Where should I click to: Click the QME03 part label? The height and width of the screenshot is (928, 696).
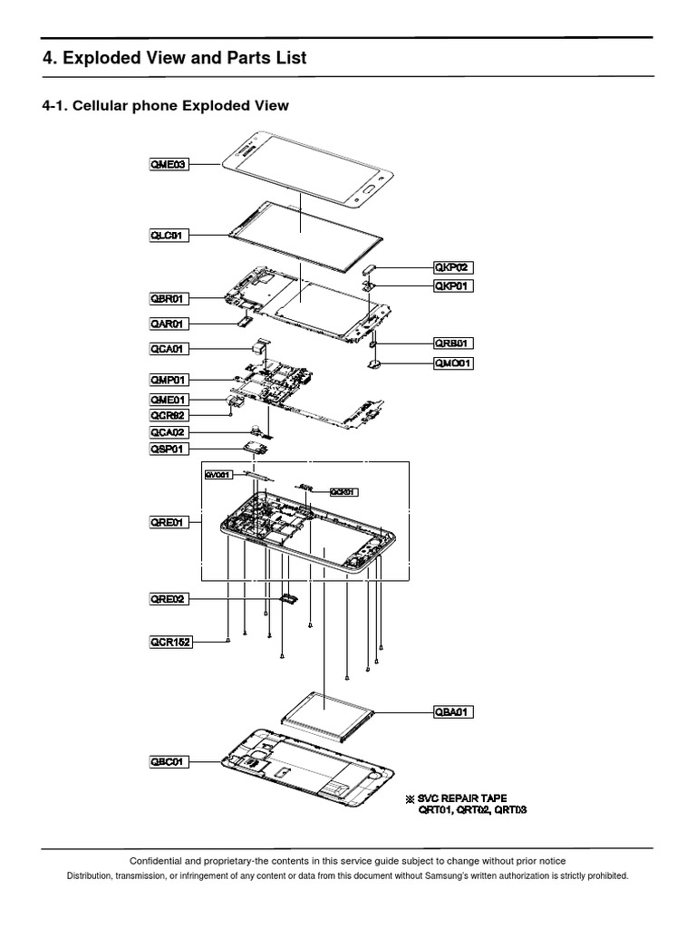pos(169,165)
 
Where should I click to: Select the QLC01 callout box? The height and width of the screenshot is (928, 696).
pos(169,236)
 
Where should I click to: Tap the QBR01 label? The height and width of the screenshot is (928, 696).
pos(169,297)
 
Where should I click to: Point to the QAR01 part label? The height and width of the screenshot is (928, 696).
pos(169,323)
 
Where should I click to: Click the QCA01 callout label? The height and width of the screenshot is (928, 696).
pos(169,348)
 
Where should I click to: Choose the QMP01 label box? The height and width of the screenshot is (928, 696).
pos(169,380)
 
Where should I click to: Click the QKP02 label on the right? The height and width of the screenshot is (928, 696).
pos(453,267)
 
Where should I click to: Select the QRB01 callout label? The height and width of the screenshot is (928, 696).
pos(453,343)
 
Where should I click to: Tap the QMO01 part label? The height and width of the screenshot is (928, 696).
pos(453,363)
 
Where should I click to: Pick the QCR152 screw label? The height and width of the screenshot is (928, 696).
pos(171,641)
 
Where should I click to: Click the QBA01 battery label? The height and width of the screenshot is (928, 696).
pos(453,711)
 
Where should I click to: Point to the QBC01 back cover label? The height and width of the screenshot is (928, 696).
pos(169,762)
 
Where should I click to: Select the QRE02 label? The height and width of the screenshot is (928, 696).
pos(169,598)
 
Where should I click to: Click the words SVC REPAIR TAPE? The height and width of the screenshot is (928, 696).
pos(462,797)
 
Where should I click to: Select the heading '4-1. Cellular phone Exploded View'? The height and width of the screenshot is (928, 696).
pos(166,106)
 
